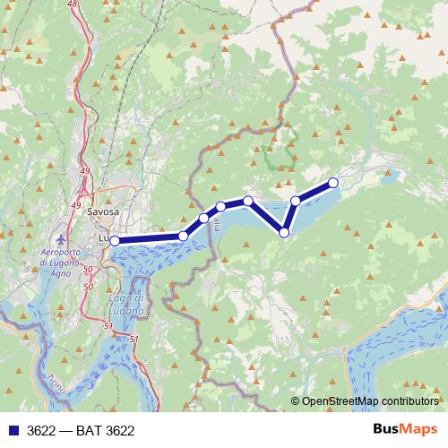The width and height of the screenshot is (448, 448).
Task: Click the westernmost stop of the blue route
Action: point(115,240)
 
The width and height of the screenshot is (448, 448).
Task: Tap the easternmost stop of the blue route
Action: point(333,183)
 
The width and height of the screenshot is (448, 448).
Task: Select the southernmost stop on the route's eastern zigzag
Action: point(285,233)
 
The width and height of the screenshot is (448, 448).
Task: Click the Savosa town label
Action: point(105,212)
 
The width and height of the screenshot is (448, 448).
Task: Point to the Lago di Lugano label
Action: point(125,302)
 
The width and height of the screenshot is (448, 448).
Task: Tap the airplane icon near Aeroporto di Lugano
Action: point(60,241)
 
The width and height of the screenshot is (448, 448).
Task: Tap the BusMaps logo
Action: point(404,429)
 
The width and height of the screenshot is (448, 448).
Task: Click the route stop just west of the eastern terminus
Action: point(295,201)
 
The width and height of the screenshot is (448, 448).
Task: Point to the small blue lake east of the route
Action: point(392,177)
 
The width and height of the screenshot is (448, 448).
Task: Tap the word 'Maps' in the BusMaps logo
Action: point(418,429)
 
